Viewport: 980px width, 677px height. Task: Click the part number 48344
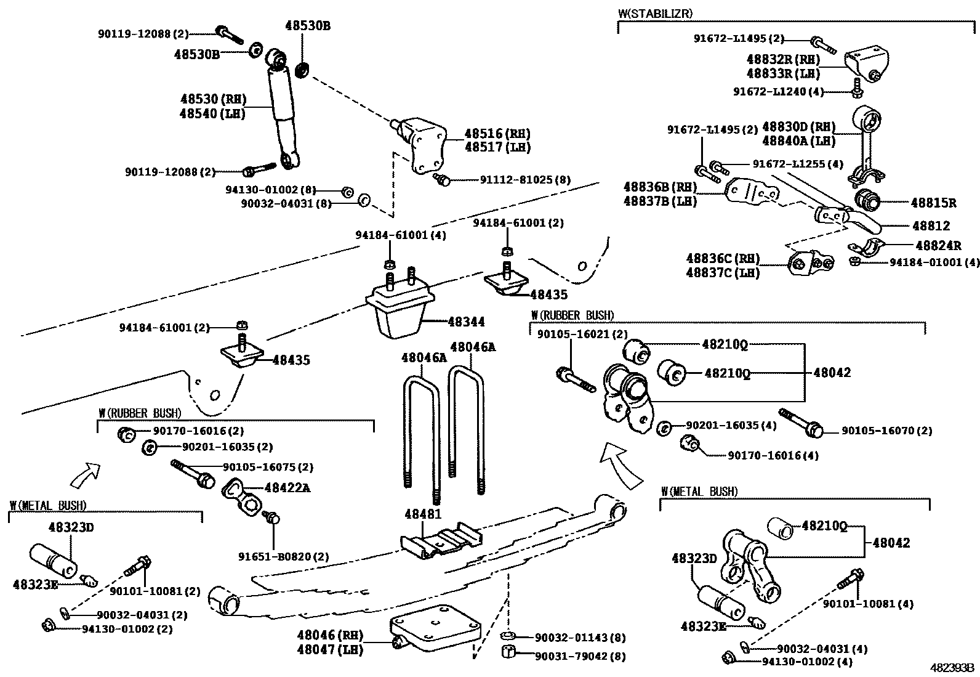coord(466,322)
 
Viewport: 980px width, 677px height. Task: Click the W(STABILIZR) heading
coord(656,13)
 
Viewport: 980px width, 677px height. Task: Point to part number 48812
coord(930,226)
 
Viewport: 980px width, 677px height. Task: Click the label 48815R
coord(934,202)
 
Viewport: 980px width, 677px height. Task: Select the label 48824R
coord(938,245)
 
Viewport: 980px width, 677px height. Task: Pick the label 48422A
coord(287,488)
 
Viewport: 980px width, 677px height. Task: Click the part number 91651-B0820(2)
coord(284,556)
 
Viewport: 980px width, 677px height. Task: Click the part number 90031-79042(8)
coord(580,657)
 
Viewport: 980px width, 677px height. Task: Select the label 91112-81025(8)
coord(525,180)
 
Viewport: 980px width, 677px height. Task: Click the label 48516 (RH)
coord(497,134)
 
